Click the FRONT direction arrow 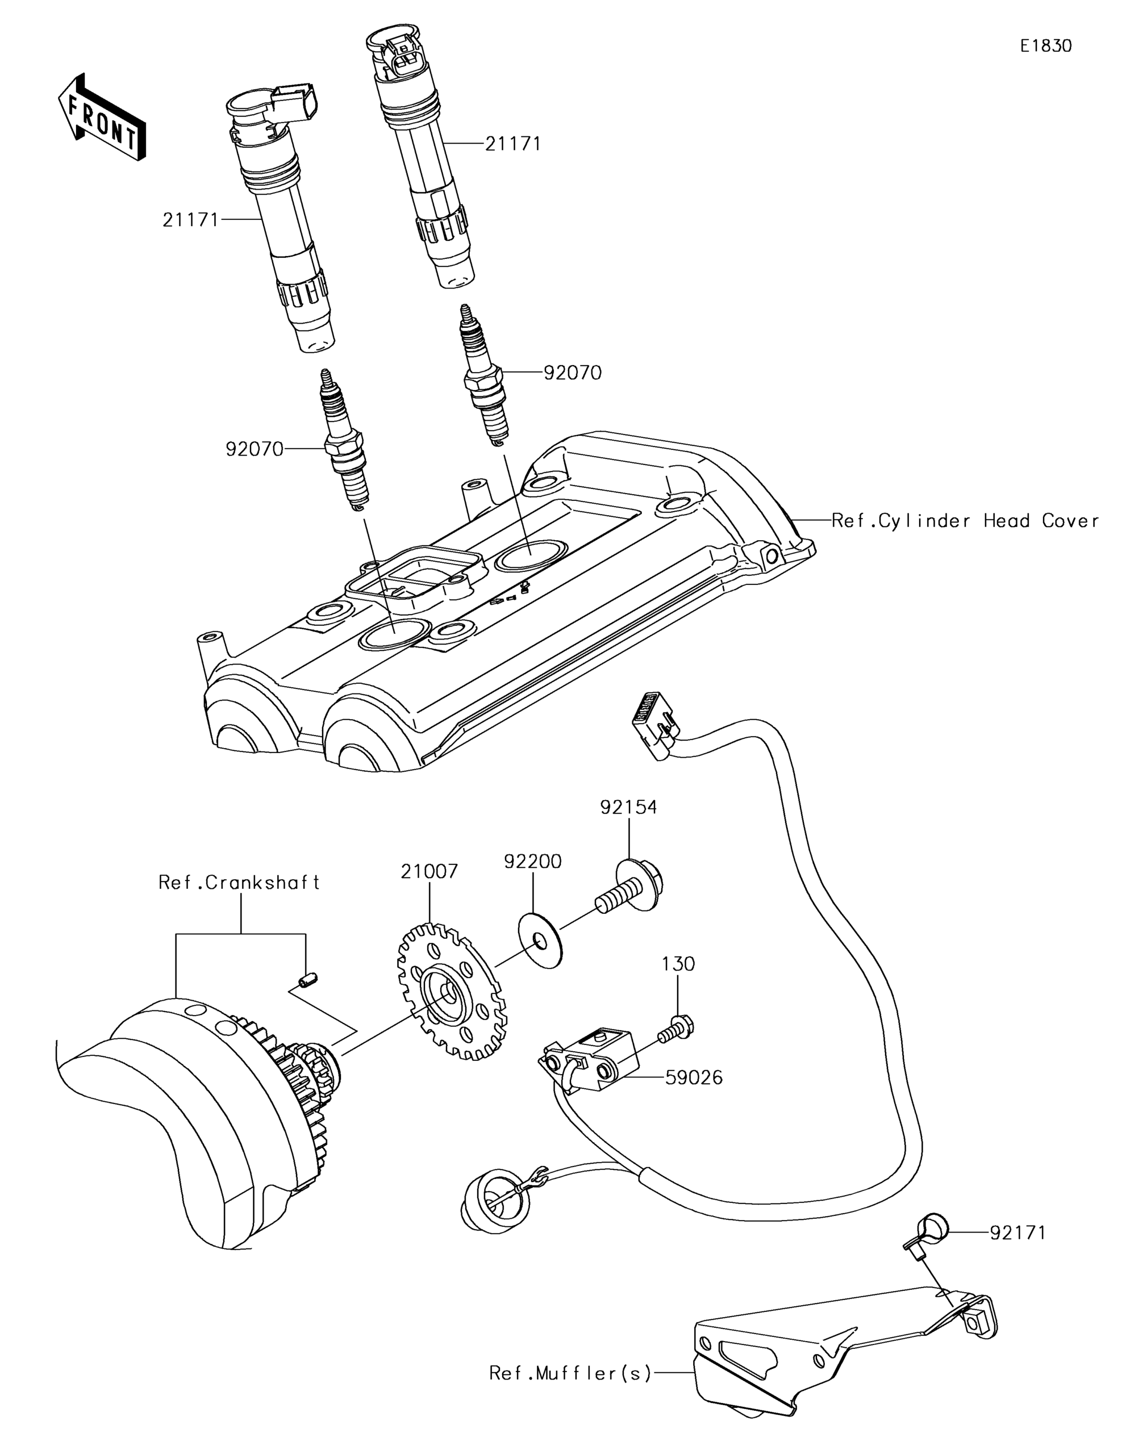pyautogui.click(x=102, y=116)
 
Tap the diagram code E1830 pyautogui.click(x=1046, y=46)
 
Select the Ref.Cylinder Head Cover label pyautogui.click(x=966, y=521)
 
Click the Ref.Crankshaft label pyautogui.click(x=239, y=883)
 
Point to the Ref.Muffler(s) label pyautogui.click(x=570, y=1373)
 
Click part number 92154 pyautogui.click(x=628, y=808)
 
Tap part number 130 pyautogui.click(x=678, y=964)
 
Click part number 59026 pyautogui.click(x=694, y=1077)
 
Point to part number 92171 pyautogui.click(x=1017, y=1234)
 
